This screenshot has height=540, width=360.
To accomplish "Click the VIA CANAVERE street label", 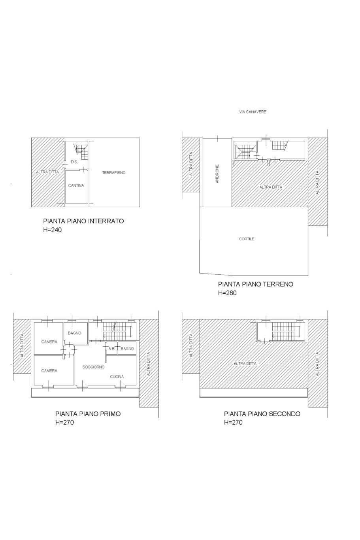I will [253, 112].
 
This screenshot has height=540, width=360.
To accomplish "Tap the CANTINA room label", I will [76, 185].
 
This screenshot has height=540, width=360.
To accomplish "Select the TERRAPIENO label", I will [114, 173].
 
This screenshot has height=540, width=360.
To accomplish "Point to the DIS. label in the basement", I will [74, 162].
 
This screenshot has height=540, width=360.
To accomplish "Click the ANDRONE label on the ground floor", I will [217, 174].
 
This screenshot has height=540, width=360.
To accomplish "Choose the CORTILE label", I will [247, 239].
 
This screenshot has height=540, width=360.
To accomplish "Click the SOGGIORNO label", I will [93, 367].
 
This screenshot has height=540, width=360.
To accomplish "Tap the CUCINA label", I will [117, 377].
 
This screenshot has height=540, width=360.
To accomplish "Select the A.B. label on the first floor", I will [111, 349].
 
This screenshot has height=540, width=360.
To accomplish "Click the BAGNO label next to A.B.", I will [127, 349].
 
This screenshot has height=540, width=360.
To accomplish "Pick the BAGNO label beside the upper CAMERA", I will [74, 333].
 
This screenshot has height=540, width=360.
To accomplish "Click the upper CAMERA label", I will [49, 342].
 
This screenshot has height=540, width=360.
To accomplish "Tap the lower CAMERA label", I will [49, 371].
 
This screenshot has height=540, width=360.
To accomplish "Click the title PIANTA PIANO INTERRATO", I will [83, 221].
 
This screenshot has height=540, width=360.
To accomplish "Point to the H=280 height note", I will [227, 293].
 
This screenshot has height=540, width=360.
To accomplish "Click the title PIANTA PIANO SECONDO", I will [262, 414].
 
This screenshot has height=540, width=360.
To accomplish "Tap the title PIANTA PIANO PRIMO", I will [88, 414].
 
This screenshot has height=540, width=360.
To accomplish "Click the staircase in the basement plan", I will [81, 149].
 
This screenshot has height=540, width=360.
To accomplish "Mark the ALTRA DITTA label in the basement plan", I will [47, 172].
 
